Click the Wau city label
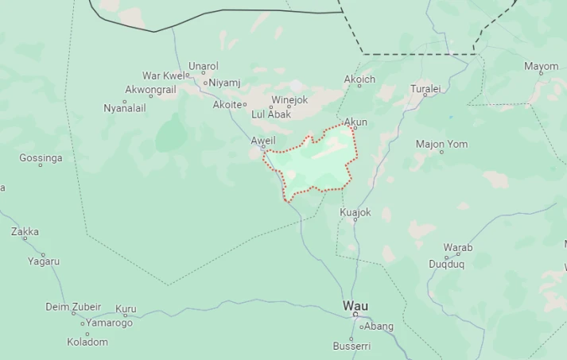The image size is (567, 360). click(355, 305)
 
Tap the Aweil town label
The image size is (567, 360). click(263, 141)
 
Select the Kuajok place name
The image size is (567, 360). click(355, 212)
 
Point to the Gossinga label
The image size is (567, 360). click(41, 158)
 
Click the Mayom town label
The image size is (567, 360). click(541, 66)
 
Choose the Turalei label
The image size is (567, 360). click(425, 89)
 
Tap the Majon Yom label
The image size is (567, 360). click(442, 144)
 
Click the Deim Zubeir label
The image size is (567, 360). click(73, 307)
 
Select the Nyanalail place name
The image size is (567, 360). click(126, 107)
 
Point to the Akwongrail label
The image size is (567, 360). click(151, 90)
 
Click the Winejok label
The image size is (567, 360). click(289, 100)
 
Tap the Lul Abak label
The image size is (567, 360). click(271, 114)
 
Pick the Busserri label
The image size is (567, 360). click(351, 346)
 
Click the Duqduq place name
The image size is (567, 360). click(447, 263)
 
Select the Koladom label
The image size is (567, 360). click(87, 342)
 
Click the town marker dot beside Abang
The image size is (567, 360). click(360, 326)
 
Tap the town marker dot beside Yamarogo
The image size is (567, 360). click(82, 323)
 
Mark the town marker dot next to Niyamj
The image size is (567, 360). click(204, 83)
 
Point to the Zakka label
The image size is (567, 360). click(25, 232)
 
